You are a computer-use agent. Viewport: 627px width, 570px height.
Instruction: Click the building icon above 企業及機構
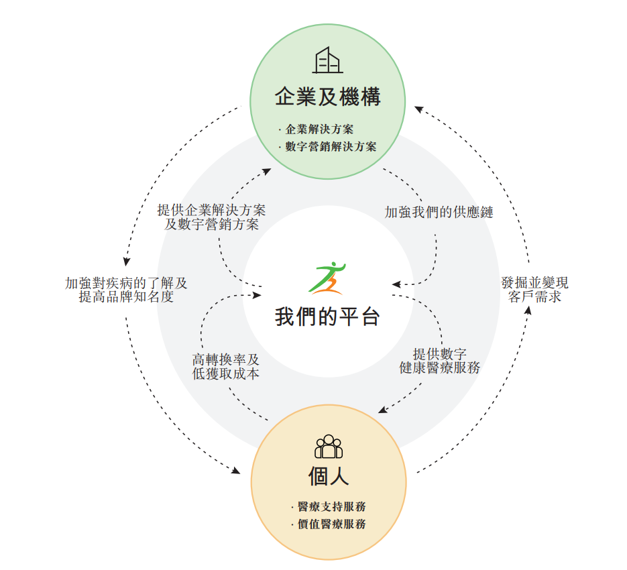327,60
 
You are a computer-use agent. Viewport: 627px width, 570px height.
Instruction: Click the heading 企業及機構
327,97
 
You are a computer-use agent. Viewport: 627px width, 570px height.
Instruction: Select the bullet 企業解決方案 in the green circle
319,129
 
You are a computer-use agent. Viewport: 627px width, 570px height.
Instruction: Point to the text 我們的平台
327,316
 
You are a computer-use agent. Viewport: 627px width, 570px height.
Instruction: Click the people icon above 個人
328,446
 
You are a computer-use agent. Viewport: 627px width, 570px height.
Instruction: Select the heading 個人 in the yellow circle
328,477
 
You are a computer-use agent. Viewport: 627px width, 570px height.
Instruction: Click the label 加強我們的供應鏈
439,213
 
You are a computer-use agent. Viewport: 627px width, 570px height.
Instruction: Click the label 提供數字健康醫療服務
439,361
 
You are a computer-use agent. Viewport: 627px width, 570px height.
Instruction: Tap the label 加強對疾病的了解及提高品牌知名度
126,290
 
